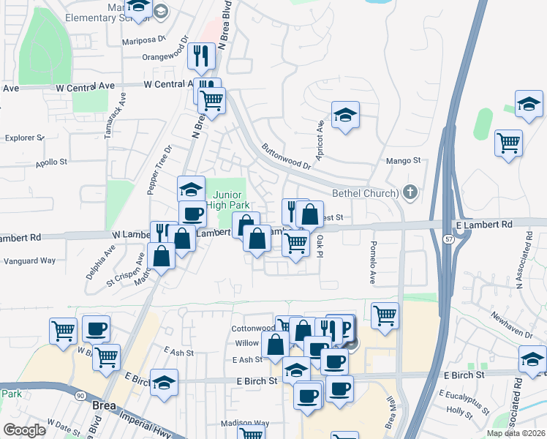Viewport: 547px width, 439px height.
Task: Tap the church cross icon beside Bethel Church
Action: pyautogui.click(x=410, y=193)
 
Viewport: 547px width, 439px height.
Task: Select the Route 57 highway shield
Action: pyautogui.click(x=447, y=238)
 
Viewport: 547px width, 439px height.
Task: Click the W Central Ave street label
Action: pyautogui.click(x=86, y=86)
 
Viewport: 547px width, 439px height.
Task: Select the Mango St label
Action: pyautogui.click(x=403, y=160)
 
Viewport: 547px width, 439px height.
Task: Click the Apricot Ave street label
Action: pyautogui.click(x=320, y=137)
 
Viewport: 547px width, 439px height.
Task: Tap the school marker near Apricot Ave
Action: pyautogui.click(x=345, y=115)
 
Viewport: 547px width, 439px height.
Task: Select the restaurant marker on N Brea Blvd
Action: pyautogui.click(x=200, y=56)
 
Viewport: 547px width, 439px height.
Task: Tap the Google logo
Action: pyautogui.click(x=24, y=429)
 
